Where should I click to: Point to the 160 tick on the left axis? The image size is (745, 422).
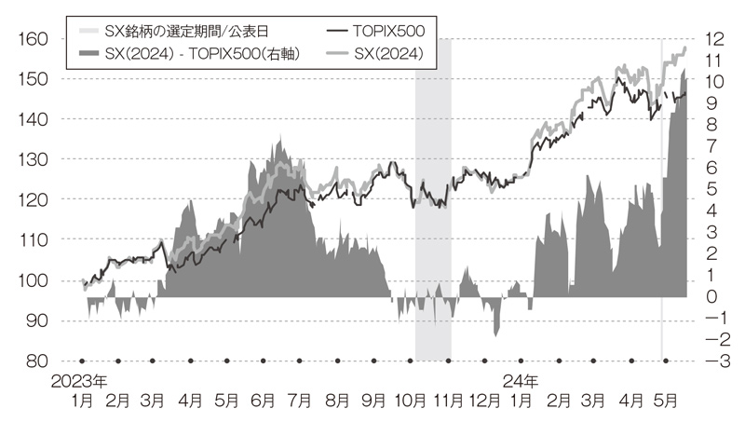[33, 39]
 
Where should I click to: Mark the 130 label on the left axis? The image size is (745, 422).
[33, 159]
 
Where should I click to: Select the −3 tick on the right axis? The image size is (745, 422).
[711, 361]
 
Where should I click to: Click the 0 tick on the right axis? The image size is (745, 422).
[711, 296]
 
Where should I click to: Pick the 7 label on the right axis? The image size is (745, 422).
[711, 146]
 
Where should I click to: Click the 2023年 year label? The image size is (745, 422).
[79, 381]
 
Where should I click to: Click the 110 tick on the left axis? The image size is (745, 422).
[33, 239]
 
